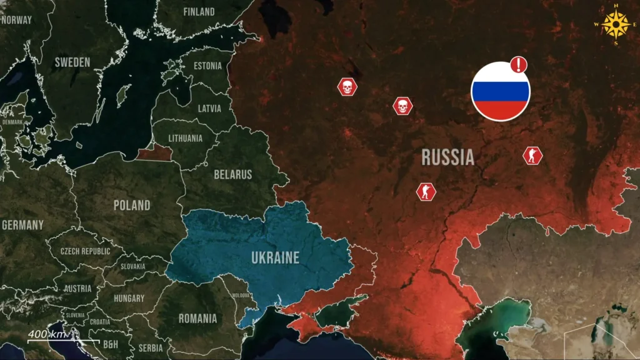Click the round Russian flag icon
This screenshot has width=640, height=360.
point(500,91)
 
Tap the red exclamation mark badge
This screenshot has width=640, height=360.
point(519,64)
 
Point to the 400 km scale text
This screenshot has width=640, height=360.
point(47,334)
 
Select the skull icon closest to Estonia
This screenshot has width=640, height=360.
point(347,87)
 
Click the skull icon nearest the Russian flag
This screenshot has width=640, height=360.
point(402,106)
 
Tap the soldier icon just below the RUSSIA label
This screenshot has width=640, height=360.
point(426,191)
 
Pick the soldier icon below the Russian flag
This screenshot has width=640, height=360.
point(532,156)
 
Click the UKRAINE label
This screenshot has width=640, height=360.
point(275,257)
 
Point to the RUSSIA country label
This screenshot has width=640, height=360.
point(447,157)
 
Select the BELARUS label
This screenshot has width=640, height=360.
point(232,174)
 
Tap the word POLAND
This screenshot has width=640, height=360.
point(132,205)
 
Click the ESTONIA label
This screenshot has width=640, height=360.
point(207,66)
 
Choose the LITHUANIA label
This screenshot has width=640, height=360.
point(186,138)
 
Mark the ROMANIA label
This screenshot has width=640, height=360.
point(197,318)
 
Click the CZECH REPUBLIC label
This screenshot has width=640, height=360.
point(85,251)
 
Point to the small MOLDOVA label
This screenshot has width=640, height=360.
point(241,295)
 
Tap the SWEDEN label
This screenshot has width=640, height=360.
point(72,62)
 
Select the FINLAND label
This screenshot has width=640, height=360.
point(199,12)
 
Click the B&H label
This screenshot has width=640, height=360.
point(110,344)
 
